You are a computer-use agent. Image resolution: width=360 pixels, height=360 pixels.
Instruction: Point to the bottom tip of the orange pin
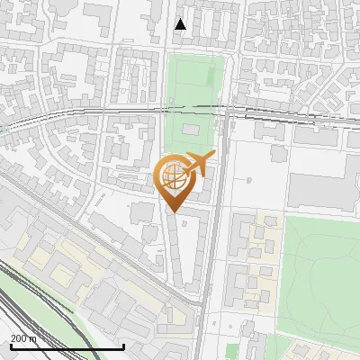(x=173, y=213)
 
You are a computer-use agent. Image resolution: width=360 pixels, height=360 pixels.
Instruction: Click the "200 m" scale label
(x=24, y=338)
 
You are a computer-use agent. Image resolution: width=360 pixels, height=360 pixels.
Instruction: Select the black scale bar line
(x=67, y=347)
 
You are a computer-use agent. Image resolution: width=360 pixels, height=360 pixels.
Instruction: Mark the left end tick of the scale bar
(x=10, y=346)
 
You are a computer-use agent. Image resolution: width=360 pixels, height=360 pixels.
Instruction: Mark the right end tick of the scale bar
(x=123, y=346)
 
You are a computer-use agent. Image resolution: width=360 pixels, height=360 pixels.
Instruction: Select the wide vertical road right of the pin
(x=212, y=243)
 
